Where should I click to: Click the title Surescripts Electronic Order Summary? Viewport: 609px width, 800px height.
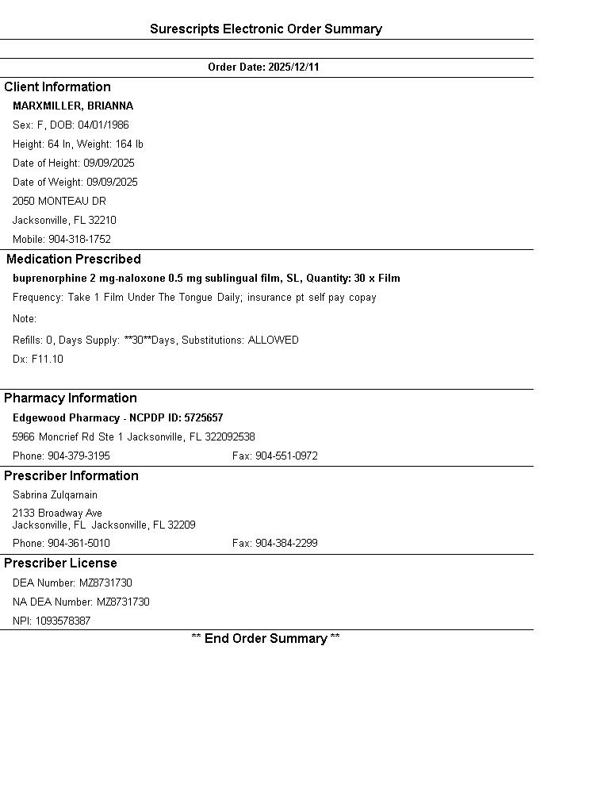click(x=266, y=29)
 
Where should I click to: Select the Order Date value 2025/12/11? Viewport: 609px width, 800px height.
click(x=293, y=67)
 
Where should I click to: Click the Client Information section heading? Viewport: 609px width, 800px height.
click(x=57, y=87)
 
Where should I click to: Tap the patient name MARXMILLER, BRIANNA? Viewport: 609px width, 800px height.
click(x=73, y=106)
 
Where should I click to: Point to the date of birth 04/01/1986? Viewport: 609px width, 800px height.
click(x=103, y=125)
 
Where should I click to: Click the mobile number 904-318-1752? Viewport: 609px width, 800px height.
click(x=79, y=240)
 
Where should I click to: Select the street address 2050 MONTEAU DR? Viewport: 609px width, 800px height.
click(x=59, y=202)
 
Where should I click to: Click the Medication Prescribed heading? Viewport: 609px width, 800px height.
click(x=74, y=260)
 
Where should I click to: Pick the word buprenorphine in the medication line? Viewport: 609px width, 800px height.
click(x=44, y=279)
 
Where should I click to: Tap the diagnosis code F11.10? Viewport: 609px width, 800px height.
click(x=48, y=360)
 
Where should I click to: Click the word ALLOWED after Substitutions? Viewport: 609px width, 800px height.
click(x=274, y=340)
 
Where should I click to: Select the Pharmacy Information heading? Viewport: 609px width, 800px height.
click(x=71, y=398)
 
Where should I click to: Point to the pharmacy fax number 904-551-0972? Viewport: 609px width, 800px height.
click(x=286, y=456)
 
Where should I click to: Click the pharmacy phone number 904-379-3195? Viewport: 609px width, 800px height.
click(x=79, y=456)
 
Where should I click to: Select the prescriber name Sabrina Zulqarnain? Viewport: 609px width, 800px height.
click(x=55, y=495)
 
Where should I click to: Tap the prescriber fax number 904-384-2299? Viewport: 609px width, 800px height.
click(x=286, y=544)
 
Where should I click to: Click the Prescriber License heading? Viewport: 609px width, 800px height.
click(x=60, y=563)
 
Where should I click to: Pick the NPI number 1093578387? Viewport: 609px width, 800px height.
click(x=63, y=621)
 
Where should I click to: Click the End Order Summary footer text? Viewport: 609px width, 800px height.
click(x=266, y=639)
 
